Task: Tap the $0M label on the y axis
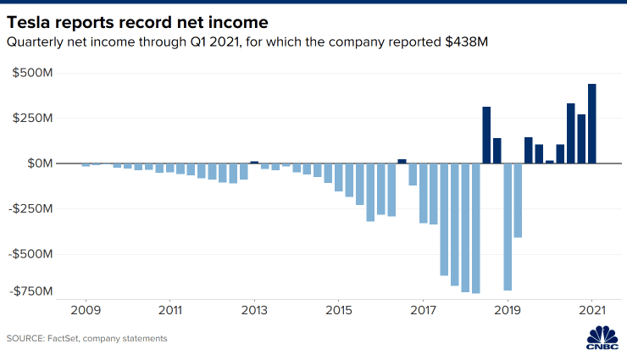pyautogui.click(x=39, y=163)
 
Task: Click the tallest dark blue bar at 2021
pyautogui.click(x=592, y=123)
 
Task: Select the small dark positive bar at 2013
pyautogui.click(x=254, y=161)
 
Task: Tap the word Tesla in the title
pyautogui.click(x=32, y=19)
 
